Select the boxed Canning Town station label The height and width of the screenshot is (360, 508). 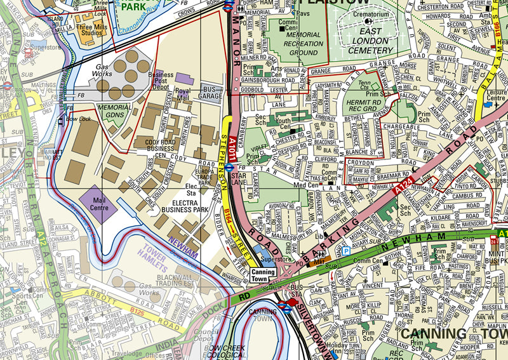coord(263,275)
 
